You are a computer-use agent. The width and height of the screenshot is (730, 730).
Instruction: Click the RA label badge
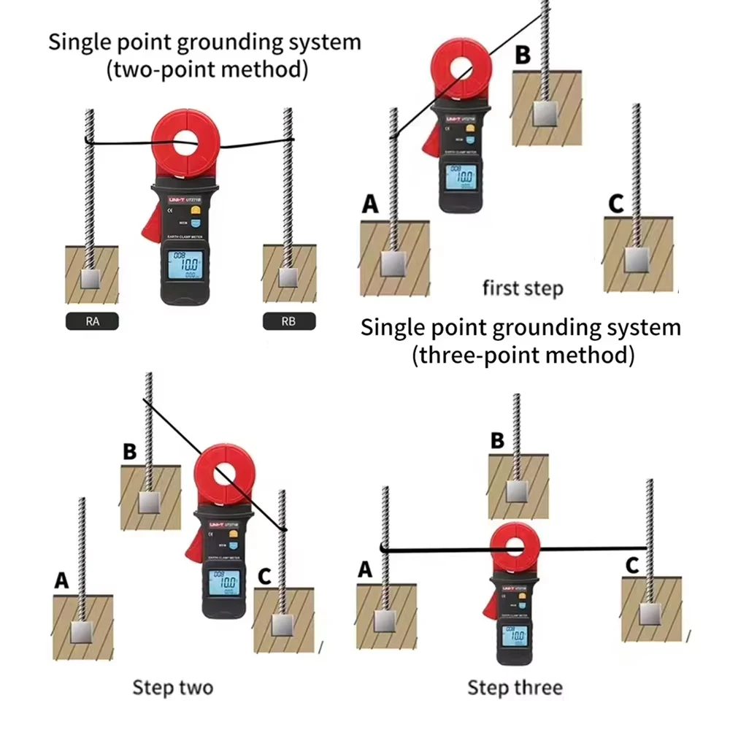pyautogui.click(x=91, y=321)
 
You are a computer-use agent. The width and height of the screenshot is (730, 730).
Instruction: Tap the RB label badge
pyautogui.click(x=289, y=321)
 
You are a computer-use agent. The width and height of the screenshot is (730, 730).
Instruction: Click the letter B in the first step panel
pyautogui.click(x=523, y=55)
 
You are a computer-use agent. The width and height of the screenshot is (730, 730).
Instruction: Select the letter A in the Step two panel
pyautogui.click(x=62, y=580)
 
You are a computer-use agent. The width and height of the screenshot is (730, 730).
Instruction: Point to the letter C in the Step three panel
pyautogui.click(x=632, y=565)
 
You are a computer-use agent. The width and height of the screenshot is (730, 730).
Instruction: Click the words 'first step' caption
pyautogui.click(x=523, y=288)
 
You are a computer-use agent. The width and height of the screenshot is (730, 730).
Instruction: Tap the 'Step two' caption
pyautogui.click(x=172, y=687)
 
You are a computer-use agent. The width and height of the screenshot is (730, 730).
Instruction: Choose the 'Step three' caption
pyautogui.click(x=515, y=687)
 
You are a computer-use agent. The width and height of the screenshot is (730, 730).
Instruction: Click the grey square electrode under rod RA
pyautogui.click(x=91, y=277)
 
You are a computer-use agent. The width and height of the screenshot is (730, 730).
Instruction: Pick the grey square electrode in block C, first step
pyautogui.click(x=637, y=259)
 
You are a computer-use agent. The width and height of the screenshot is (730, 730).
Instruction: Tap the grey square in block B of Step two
pyautogui.click(x=150, y=502)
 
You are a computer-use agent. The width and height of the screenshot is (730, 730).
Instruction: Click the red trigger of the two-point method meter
pyautogui.click(x=153, y=220)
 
